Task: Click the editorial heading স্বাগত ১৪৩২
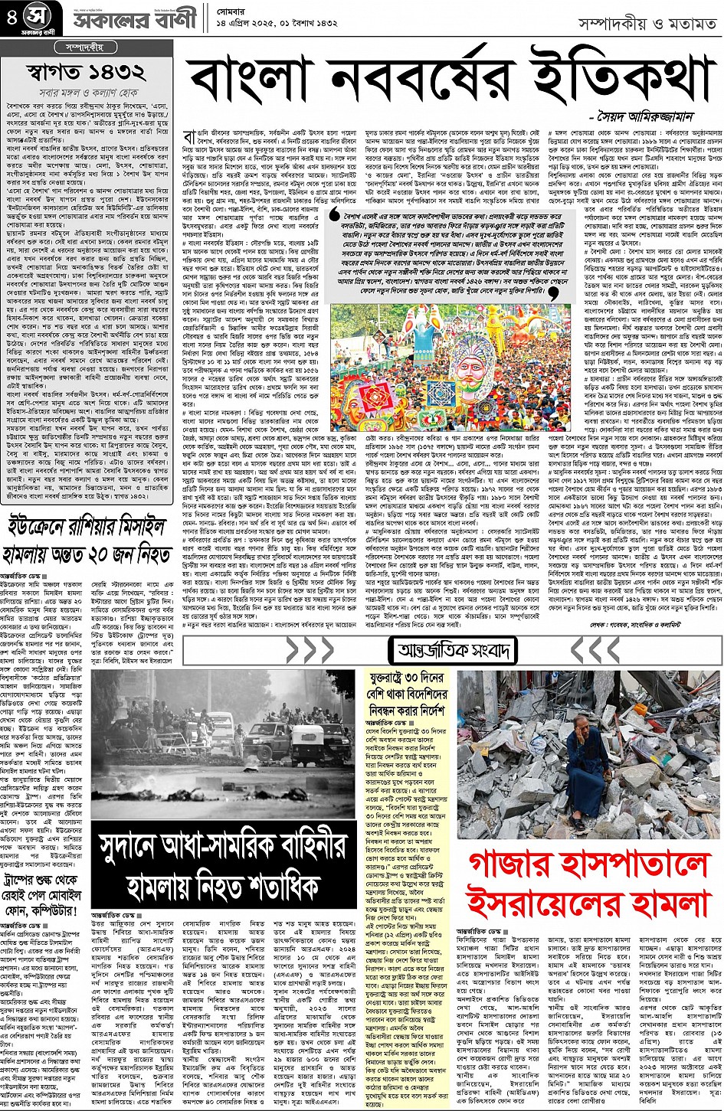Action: tap(86, 73)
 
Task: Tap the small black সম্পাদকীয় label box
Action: tap(87, 47)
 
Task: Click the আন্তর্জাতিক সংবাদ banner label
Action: tap(453, 652)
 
